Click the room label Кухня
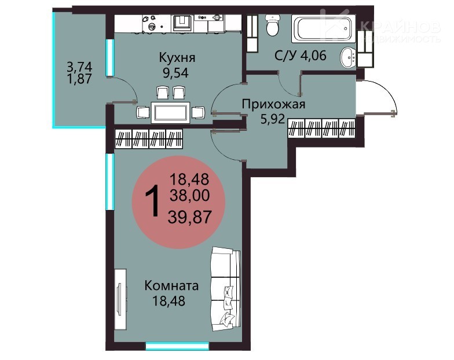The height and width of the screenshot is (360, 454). click(177, 58)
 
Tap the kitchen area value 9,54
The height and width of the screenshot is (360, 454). click(175, 73)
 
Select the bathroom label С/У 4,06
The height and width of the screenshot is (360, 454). click(300, 55)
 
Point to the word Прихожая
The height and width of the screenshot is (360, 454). click(273, 104)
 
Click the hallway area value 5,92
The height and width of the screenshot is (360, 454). click(273, 119)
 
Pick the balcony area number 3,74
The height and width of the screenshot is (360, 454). click(80, 67)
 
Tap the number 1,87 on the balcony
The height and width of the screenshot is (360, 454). click(79, 79)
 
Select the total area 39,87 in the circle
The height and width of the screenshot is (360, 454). click(190, 216)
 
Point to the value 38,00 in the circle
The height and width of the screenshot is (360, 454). click(190, 196)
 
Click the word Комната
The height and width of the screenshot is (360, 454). click(171, 286)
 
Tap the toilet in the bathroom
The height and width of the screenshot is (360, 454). click(272, 25)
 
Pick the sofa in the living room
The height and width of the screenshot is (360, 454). click(226, 289)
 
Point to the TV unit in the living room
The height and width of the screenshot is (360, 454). click(120, 299)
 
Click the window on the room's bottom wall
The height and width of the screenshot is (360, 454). click(177, 346)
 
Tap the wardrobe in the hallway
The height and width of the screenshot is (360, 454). click(322, 128)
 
